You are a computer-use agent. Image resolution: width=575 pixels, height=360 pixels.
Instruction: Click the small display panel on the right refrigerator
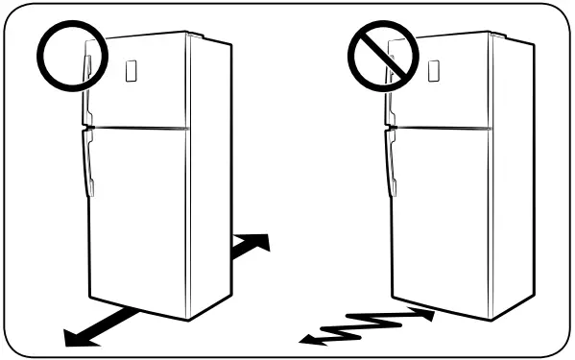[433, 70]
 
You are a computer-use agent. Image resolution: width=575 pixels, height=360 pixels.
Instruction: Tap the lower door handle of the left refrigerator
[87, 163]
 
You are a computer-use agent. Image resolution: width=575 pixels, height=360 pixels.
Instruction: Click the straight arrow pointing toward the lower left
[96, 326]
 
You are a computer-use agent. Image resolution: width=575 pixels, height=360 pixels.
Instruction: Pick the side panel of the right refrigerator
[512, 173]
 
